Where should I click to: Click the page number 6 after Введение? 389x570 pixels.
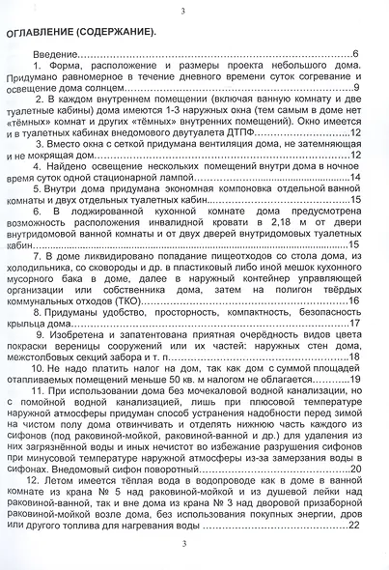356,52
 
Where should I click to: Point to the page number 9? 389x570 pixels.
356,88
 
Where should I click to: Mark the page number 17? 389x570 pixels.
353,324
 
